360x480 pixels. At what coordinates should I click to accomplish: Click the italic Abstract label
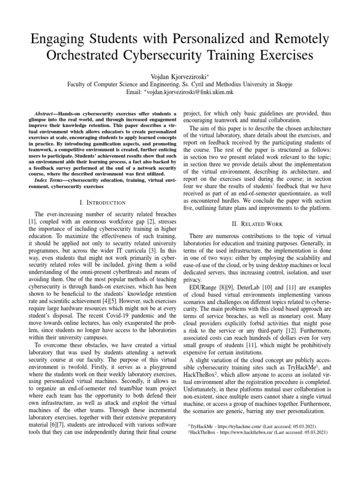coord(45,114)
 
